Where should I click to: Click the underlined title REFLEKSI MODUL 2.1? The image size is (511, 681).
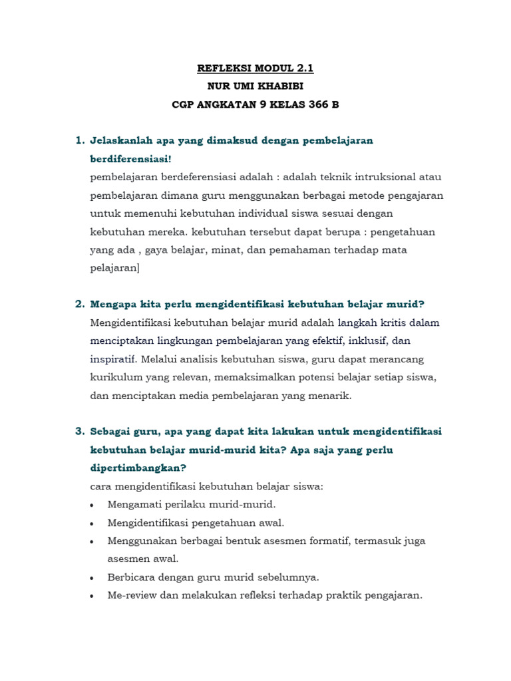pyautogui.click(x=255, y=68)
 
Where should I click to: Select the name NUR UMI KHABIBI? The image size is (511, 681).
pyautogui.click(x=255, y=86)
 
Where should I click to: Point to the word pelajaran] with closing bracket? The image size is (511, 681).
pyautogui.click(x=115, y=268)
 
